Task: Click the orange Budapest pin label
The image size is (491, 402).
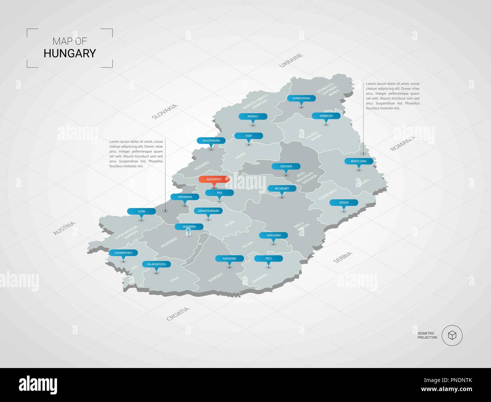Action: click(214, 179)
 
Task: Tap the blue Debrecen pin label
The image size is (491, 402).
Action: click(326, 116)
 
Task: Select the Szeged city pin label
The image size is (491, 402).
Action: click(344, 203)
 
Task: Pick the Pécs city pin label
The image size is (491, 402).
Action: click(269, 259)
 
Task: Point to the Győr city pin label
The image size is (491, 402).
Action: click(142, 211)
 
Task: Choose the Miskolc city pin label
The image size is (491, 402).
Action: click(253, 116)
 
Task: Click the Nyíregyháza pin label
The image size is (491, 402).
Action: click(301, 98)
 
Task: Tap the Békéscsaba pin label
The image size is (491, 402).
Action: click(359, 161)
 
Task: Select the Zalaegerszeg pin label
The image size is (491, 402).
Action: click(156, 264)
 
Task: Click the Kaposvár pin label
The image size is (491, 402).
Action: click(230, 259)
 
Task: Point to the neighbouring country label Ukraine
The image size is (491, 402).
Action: click(291, 61)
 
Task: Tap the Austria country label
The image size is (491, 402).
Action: click(64, 229)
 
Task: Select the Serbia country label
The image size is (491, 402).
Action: click(343, 257)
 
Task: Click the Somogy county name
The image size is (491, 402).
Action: click(216, 277)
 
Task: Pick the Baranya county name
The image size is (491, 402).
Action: click(259, 279)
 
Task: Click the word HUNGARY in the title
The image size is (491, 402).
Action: click(70, 53)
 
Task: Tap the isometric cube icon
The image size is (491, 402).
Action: click(452, 335)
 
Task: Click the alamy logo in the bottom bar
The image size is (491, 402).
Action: click(38, 385)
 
